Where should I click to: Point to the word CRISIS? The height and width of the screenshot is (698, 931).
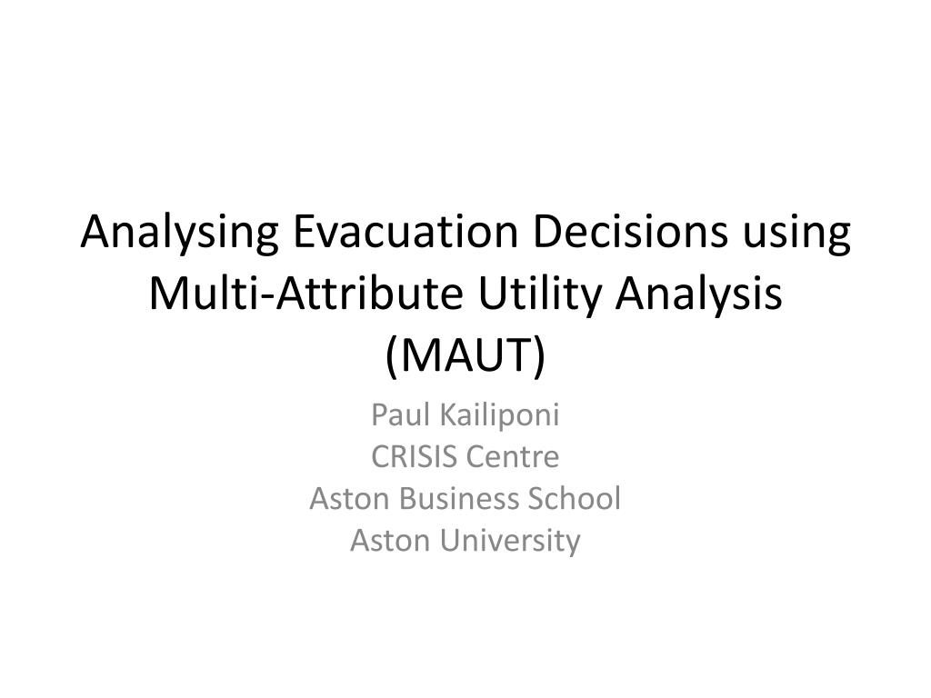coord(415,456)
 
